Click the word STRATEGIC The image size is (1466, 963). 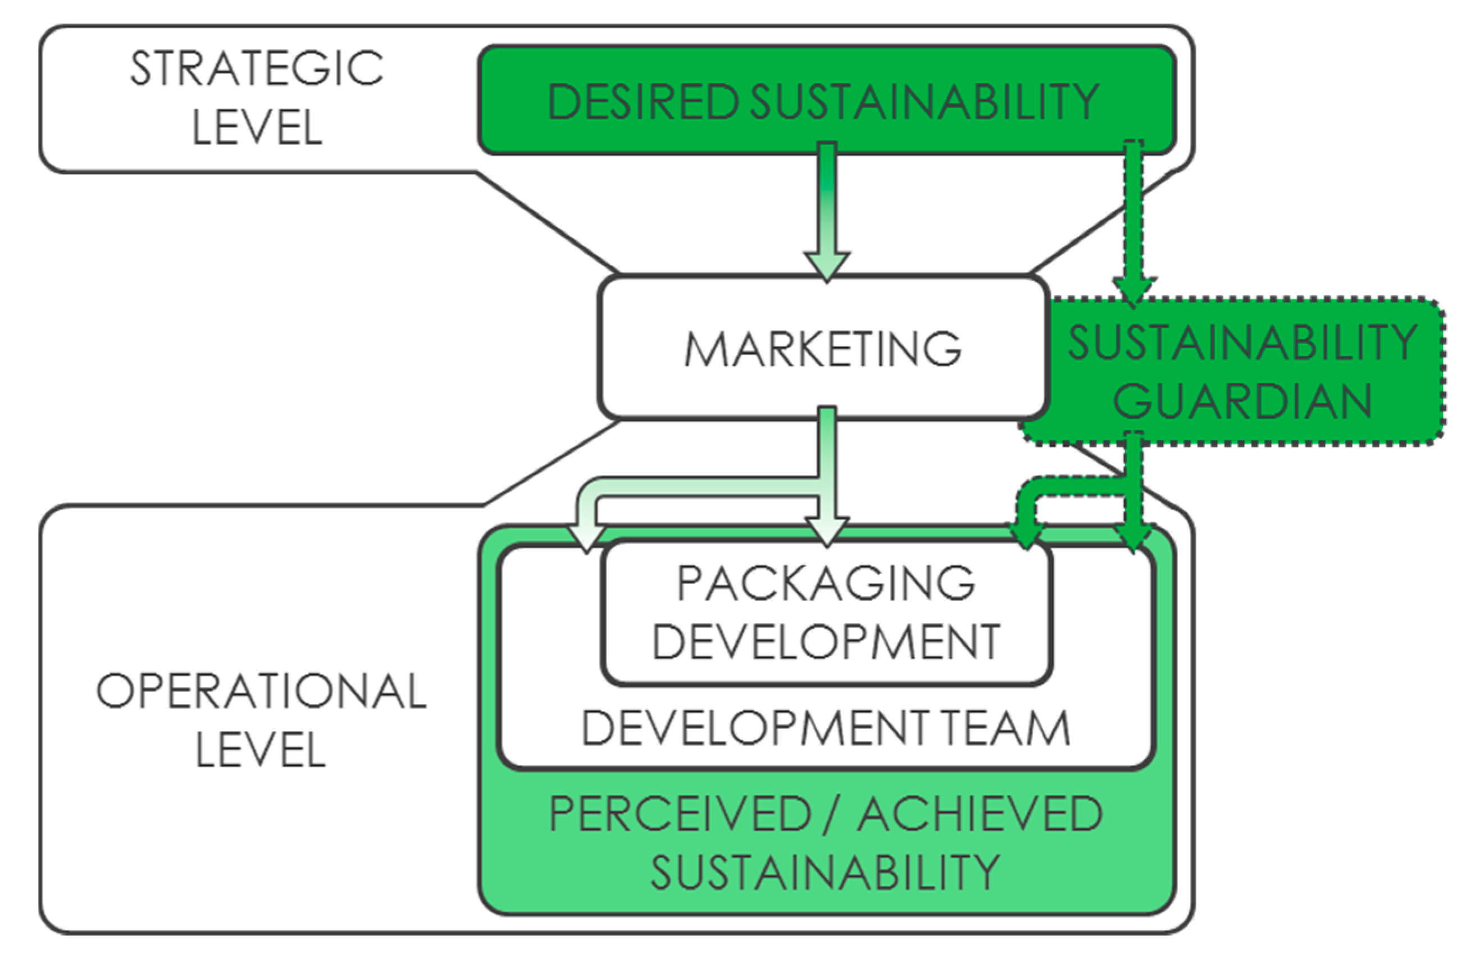click(256, 69)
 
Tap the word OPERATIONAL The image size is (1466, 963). click(261, 691)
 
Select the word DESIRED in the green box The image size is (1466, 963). click(643, 102)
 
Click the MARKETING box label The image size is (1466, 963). click(823, 349)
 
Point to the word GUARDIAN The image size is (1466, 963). click(1242, 401)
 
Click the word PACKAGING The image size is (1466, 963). click(826, 582)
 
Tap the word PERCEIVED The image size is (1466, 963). click(680, 814)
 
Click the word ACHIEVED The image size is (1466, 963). click(980, 814)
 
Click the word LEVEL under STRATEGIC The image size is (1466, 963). click(257, 127)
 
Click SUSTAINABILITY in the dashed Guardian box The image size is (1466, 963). click(1242, 343)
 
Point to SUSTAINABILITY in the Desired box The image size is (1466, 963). click(925, 102)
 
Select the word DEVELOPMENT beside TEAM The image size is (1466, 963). click(755, 728)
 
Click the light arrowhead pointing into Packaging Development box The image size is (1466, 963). click(827, 533)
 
